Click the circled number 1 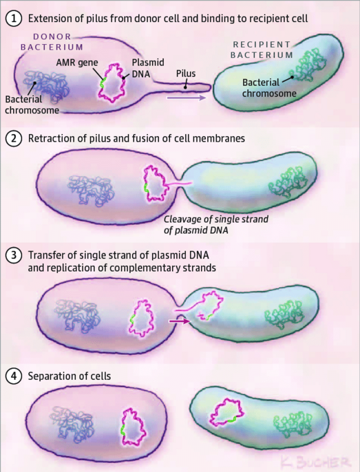[14, 19]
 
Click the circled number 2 [14, 139]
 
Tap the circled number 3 [14, 255]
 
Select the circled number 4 [14, 376]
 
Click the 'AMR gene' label [77, 63]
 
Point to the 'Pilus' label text [186, 74]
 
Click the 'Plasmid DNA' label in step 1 [148, 68]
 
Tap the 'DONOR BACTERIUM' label [52, 42]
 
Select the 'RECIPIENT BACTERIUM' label [262, 50]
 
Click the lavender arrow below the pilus [186, 98]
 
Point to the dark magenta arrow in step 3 [180, 321]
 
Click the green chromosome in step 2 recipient [288, 182]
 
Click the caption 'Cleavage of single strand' [216, 219]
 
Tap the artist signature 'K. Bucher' [315, 462]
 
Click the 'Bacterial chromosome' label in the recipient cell [269, 88]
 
